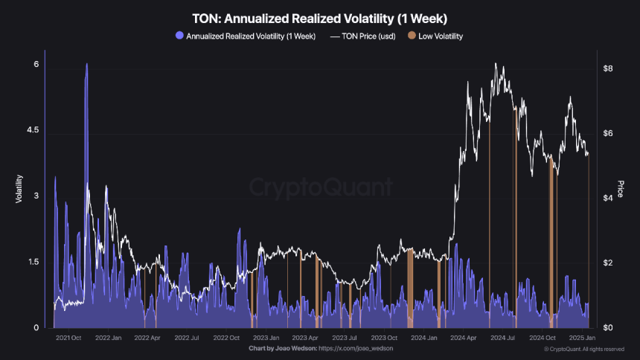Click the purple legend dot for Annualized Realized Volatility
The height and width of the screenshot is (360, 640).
[x=179, y=35]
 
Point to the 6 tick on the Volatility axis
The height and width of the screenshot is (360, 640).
[x=35, y=65]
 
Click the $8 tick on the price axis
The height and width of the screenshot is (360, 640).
[x=608, y=68]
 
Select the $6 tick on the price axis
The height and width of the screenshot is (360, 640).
[x=608, y=133]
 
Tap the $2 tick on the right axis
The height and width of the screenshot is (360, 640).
[x=608, y=263]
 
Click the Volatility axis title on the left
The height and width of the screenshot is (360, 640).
[x=18, y=189]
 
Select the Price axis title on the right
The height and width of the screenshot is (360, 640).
[x=620, y=189]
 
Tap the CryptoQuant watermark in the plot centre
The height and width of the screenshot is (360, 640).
[x=320, y=186]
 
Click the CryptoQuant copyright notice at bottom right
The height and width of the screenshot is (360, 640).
[x=584, y=348]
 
